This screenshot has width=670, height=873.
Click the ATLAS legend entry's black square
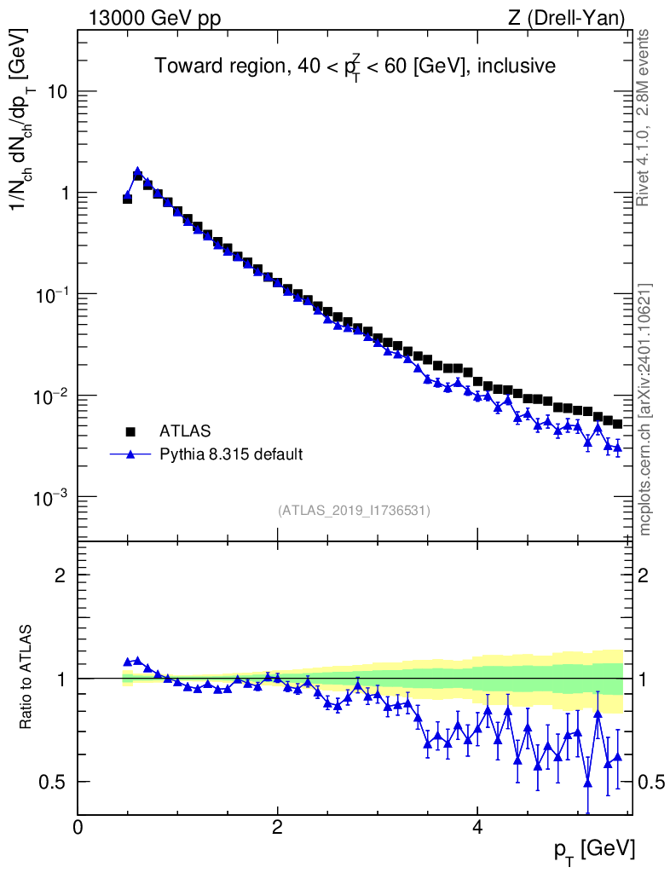(130, 431)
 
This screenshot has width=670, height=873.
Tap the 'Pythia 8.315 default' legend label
(231, 454)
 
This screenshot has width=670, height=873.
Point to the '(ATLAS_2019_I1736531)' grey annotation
(354, 511)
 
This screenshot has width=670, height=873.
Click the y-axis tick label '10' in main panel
(57, 92)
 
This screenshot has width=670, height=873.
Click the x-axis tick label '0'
(78, 828)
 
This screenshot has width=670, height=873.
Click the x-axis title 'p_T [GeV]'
(593, 850)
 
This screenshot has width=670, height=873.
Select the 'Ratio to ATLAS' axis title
(28, 678)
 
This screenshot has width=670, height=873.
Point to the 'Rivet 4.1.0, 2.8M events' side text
(644, 118)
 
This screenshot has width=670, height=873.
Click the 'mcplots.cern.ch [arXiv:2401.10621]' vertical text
(645, 410)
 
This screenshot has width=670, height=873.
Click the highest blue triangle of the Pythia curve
(137, 171)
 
